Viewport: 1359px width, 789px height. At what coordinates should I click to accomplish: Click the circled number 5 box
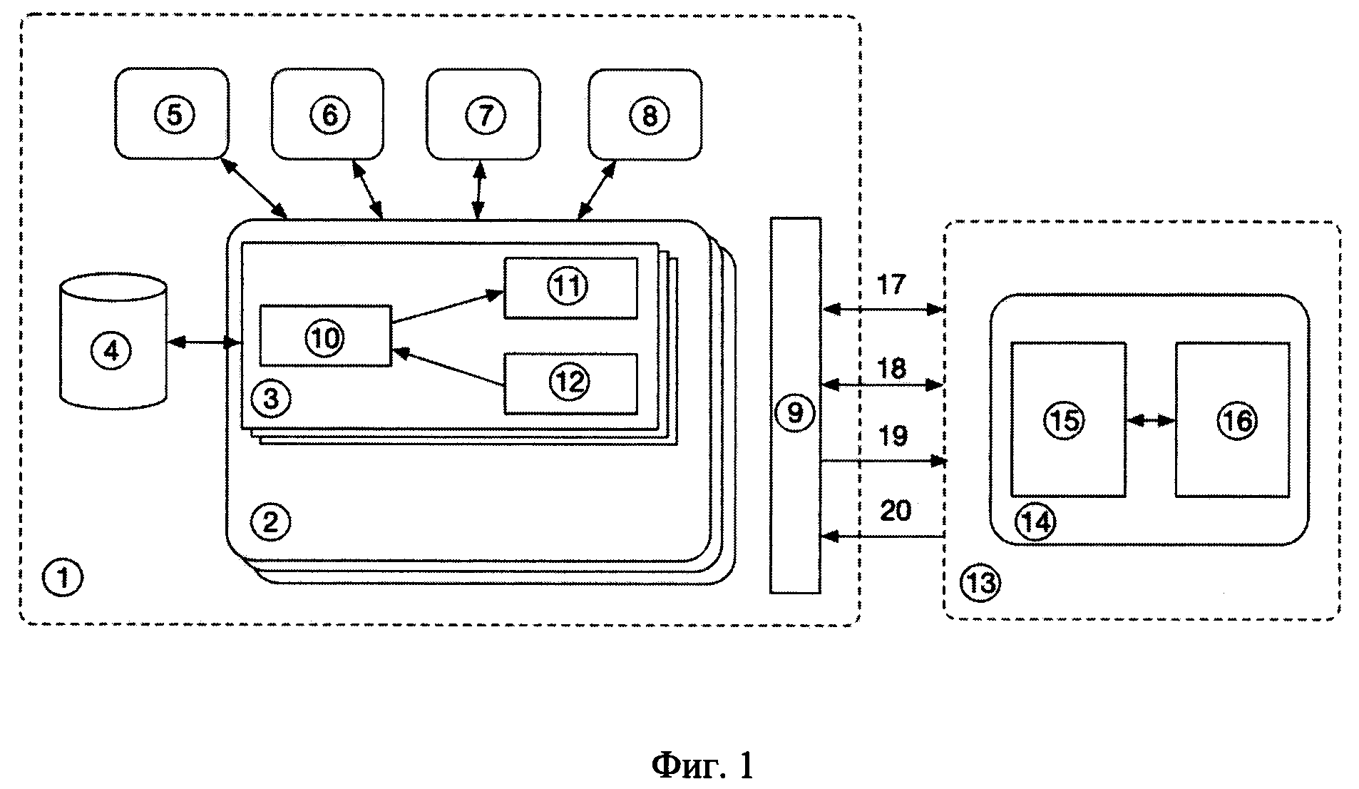[x=172, y=113]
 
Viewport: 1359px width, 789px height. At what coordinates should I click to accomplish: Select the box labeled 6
[x=328, y=113]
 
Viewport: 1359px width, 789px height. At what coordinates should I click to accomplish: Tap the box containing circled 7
[x=483, y=113]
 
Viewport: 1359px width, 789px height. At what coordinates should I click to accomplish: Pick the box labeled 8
[x=645, y=113]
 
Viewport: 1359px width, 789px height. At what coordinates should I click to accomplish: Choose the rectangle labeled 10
[x=325, y=336]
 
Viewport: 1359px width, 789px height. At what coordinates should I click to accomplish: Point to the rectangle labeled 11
[x=570, y=287]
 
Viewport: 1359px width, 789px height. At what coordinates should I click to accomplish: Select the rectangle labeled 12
[x=570, y=383]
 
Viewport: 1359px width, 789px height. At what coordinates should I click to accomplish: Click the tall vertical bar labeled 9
[x=795, y=405]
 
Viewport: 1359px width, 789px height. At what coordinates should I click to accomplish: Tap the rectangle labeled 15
[x=1068, y=419]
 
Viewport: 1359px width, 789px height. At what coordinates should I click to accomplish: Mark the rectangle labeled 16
[x=1233, y=419]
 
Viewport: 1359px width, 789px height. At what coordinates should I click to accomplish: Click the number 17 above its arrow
[x=891, y=285]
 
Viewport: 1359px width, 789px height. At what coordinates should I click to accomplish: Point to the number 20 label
[x=896, y=511]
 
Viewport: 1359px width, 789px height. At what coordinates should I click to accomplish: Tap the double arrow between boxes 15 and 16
[x=1150, y=421]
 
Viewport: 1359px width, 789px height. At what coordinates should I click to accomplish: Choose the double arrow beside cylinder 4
[x=204, y=343]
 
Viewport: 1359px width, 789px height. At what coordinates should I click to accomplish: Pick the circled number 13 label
[x=980, y=583]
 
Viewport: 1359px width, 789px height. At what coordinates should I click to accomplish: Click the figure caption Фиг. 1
[x=702, y=765]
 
